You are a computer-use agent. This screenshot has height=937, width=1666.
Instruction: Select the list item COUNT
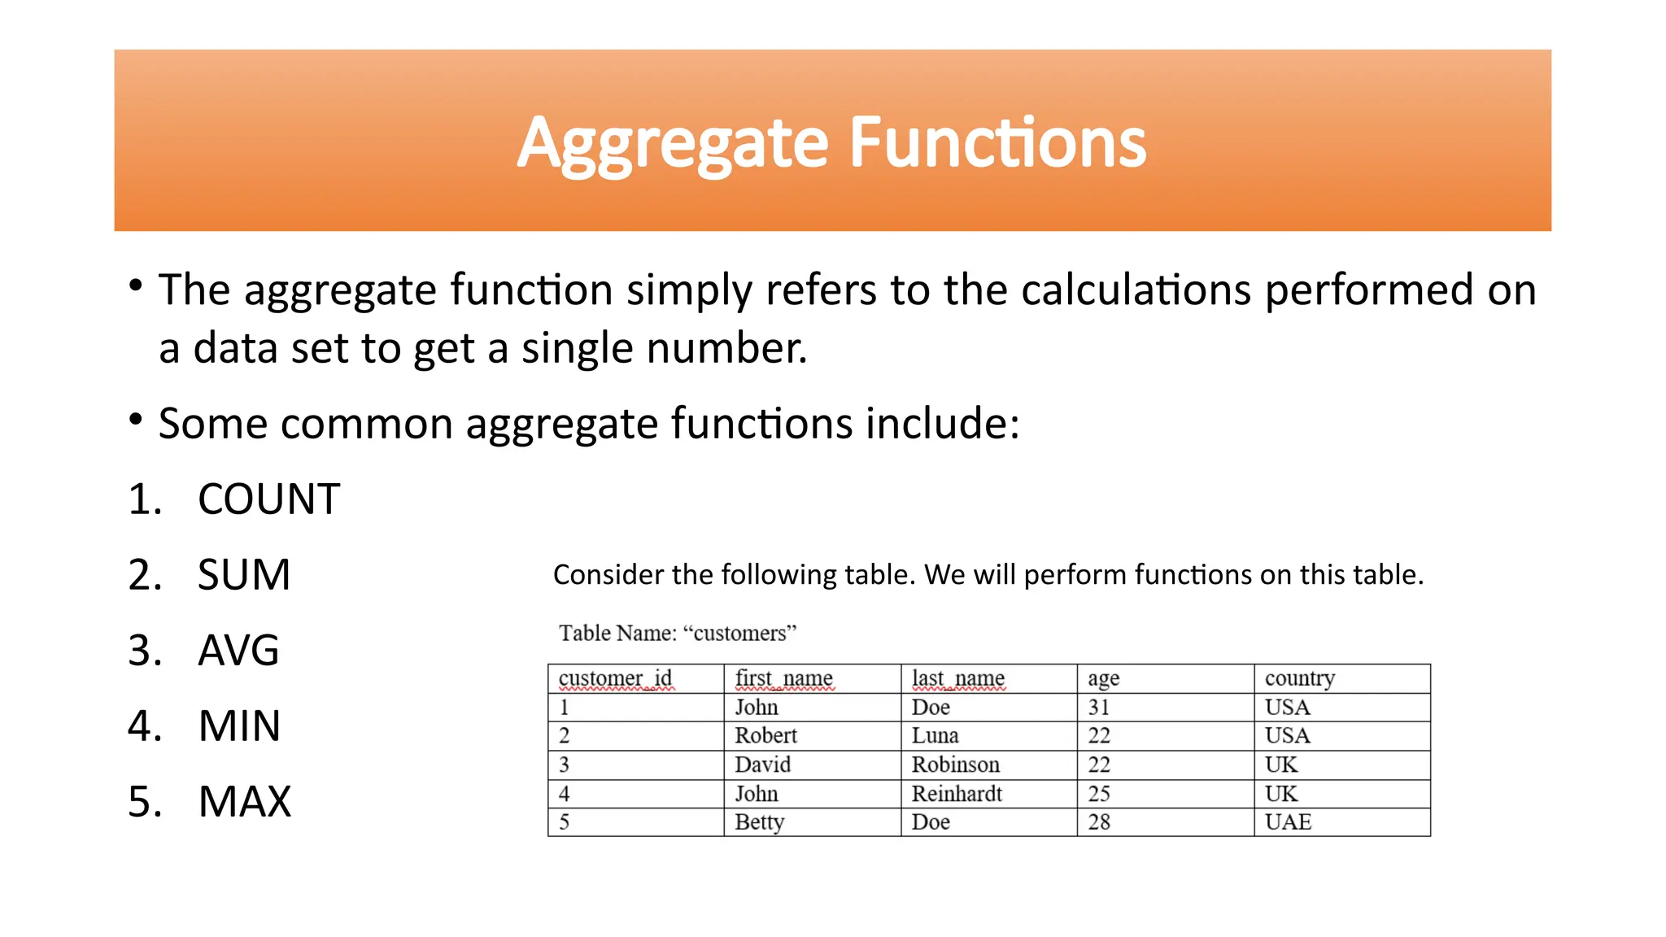pyautogui.click(x=268, y=499)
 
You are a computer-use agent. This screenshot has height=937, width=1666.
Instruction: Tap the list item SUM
pyautogui.click(x=244, y=575)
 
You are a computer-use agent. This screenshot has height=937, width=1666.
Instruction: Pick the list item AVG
pyautogui.click(x=238, y=651)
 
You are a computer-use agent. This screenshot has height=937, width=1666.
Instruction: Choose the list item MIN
pyautogui.click(x=239, y=726)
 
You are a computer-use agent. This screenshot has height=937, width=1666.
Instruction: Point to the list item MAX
pyautogui.click(x=244, y=802)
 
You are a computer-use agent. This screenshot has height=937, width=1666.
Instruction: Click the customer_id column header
pyautogui.click(x=615, y=678)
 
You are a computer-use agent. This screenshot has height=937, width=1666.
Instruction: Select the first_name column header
pyautogui.click(x=783, y=678)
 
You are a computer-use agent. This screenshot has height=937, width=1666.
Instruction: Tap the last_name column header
pyautogui.click(x=957, y=678)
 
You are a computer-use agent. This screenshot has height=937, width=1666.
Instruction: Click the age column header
pyautogui.click(x=1103, y=679)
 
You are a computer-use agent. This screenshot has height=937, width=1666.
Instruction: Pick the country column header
pyautogui.click(x=1299, y=678)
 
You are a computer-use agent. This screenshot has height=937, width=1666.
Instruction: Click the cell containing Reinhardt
pyautogui.click(x=957, y=794)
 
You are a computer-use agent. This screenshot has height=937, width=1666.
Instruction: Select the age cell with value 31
pyautogui.click(x=1099, y=708)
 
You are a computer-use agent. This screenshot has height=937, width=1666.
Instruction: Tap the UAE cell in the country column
pyautogui.click(x=1288, y=822)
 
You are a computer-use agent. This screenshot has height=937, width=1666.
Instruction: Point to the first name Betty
pyautogui.click(x=759, y=822)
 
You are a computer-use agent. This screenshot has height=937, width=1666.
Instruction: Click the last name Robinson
pyautogui.click(x=955, y=765)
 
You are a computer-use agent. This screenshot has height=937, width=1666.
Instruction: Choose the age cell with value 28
pyautogui.click(x=1099, y=822)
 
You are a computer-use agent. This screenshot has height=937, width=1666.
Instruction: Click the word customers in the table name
pyautogui.click(x=739, y=634)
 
